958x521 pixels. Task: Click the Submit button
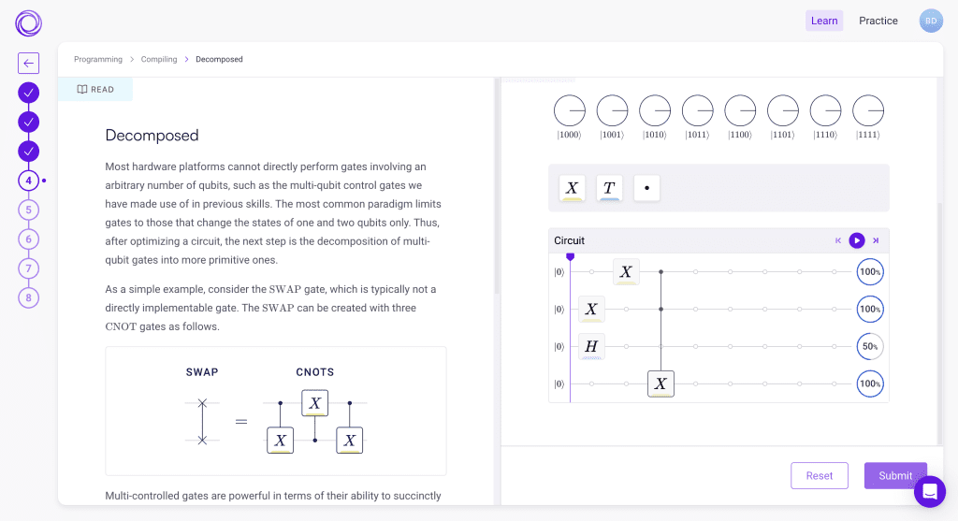click(895, 475)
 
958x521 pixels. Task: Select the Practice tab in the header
click(878, 21)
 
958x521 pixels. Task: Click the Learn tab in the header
click(824, 21)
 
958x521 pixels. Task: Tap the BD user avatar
click(931, 21)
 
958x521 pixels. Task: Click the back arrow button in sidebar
click(29, 64)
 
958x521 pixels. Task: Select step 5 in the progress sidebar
click(29, 210)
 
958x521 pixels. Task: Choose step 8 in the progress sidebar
click(29, 297)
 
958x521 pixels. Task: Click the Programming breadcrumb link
click(98, 60)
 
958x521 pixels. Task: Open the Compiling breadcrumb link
click(159, 60)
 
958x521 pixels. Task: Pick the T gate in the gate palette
click(609, 188)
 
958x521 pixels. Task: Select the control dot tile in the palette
click(646, 188)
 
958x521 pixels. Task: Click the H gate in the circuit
click(591, 347)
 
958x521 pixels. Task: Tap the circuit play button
click(857, 240)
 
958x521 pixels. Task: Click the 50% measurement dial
click(870, 347)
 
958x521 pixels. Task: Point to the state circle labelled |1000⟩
click(569, 111)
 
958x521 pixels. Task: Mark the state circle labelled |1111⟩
click(868, 111)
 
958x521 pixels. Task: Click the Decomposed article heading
click(152, 136)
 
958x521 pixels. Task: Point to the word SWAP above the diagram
click(202, 372)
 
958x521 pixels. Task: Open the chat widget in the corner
click(930, 491)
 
